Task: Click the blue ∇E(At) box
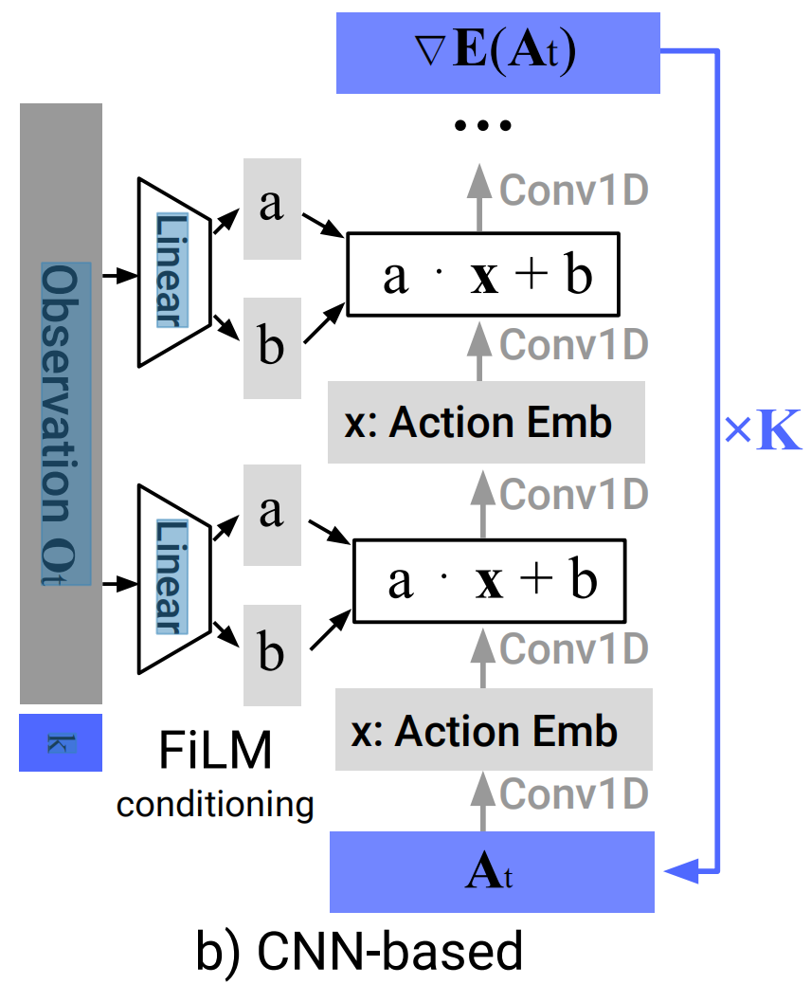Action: tap(498, 53)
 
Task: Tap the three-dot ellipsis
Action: tap(483, 125)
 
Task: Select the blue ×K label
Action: tap(763, 429)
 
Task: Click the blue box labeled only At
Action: tap(493, 872)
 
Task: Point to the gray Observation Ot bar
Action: tap(61, 404)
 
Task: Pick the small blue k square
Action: tap(61, 742)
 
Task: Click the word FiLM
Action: tap(215, 750)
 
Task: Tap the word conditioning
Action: tap(215, 805)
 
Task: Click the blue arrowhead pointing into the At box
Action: tap(681, 871)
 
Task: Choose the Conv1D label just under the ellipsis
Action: tap(573, 191)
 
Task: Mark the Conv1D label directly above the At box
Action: tap(573, 793)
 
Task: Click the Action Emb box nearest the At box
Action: tap(494, 729)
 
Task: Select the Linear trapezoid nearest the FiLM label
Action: tap(174, 579)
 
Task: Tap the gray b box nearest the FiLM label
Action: tap(272, 655)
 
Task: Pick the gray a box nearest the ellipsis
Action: tap(272, 209)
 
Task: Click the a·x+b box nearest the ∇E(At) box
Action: tap(483, 274)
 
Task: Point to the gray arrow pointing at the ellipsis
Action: tap(479, 198)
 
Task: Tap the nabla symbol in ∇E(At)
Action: tap(430, 51)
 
